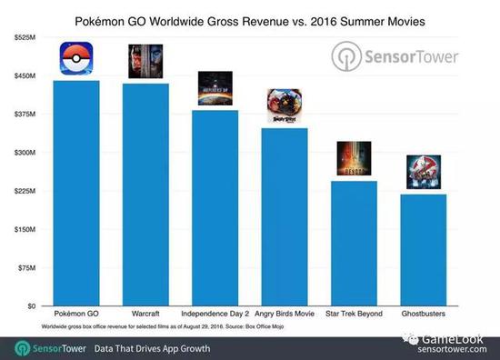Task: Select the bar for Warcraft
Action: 145,195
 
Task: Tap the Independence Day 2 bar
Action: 215,208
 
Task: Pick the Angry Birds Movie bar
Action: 284,217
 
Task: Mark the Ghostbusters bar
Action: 422,250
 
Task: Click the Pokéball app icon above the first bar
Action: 76,61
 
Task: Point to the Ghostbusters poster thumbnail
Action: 422,173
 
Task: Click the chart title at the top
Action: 249,20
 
